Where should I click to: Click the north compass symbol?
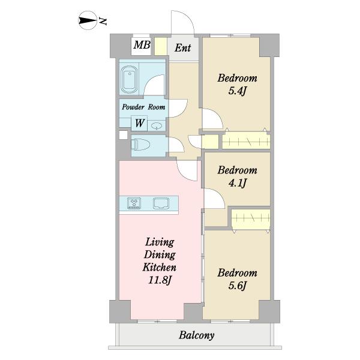(87, 20)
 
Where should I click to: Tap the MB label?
(142, 45)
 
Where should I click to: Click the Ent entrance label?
(182, 48)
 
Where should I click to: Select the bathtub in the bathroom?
(129, 79)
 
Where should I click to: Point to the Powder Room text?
(143, 107)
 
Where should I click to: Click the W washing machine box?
(139, 123)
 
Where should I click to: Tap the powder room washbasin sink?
(157, 125)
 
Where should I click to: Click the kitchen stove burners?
(134, 203)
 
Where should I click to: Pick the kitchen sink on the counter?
(161, 203)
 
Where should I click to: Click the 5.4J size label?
(238, 91)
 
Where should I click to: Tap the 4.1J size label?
(238, 183)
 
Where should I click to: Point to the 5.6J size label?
(238, 286)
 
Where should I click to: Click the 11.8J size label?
(160, 280)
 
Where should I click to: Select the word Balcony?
(197, 335)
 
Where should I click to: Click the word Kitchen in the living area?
(160, 268)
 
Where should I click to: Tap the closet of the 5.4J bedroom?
(246, 140)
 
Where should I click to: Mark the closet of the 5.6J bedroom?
(251, 219)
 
